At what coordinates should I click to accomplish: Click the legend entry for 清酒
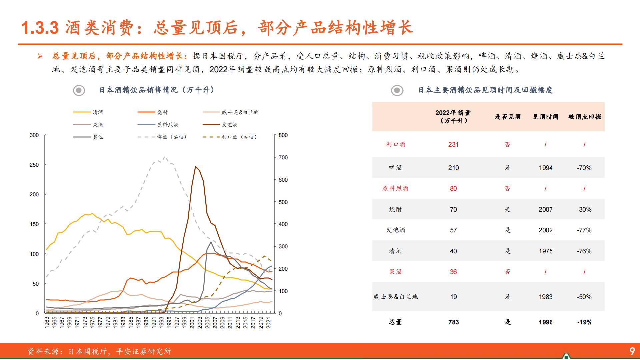(98, 112)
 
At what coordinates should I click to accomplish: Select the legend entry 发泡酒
(229, 125)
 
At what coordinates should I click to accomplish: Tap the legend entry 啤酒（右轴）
(172, 137)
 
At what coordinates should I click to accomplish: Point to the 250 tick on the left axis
(34, 165)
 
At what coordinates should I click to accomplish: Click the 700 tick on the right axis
(283, 157)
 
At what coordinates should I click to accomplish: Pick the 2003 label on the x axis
(200, 323)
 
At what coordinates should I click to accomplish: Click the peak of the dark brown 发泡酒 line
(195, 166)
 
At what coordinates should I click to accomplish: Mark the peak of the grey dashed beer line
(165, 157)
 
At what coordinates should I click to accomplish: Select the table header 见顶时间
(545, 117)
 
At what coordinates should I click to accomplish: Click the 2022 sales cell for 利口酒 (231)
(453, 144)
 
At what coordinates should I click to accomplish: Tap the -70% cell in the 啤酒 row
(584, 168)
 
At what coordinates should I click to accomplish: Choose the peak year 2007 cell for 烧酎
(545, 209)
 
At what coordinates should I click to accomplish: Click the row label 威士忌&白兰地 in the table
(395, 297)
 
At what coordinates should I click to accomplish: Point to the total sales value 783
(453, 322)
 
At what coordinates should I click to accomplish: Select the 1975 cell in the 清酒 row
(545, 251)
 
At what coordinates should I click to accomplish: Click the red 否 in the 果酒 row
(507, 272)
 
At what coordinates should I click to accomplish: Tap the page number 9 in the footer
(632, 351)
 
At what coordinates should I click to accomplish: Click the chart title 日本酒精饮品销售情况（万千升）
(157, 90)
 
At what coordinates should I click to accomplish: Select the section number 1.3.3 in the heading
(40, 28)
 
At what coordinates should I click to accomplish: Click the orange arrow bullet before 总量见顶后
(40, 56)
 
